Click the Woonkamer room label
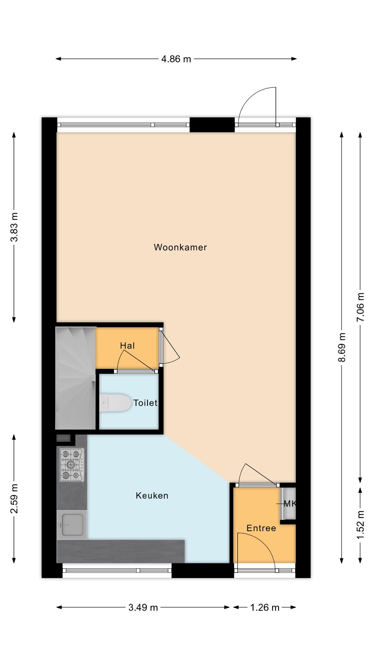coord(180,247)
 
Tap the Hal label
coord(127,345)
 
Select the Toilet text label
coord(145,403)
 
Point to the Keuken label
coord(152,496)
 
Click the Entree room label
coord(261,528)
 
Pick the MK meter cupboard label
coord(290,504)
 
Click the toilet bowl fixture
coord(114,403)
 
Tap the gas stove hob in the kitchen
coord(72,464)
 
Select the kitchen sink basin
coord(72,525)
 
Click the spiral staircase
coord(75,378)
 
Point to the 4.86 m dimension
coord(176,59)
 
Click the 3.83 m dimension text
coord(14,227)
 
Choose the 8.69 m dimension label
coord(342,347)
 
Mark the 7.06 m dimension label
coord(360,307)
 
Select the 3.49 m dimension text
coord(143,607)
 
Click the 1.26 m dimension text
coord(265,607)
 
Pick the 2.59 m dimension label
coord(14,498)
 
